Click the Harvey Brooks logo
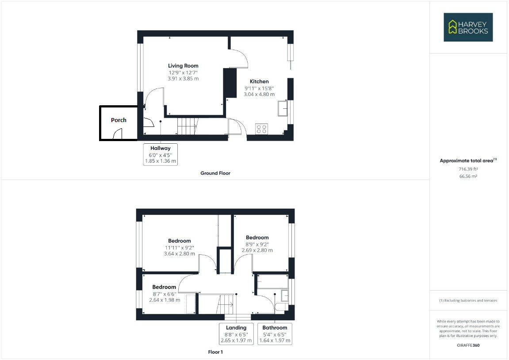coord(468,27)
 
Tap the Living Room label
coord(183,66)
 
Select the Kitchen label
coord(259,81)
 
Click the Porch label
coord(119,120)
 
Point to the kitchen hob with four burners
coord(261,129)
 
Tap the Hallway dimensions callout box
coord(160,154)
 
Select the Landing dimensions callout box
coord(236,334)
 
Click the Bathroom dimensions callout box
coord(275,334)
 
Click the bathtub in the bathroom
coord(272,282)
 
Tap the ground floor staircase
coord(186,126)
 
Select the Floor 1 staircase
coord(226,304)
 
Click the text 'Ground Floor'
coord(215,173)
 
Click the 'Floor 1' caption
coord(215,352)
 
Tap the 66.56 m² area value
coord(468,176)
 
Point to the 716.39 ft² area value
coord(468,169)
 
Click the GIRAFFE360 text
coord(468,345)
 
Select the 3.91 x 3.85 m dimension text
coord(183,79)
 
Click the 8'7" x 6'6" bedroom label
coord(165,294)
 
